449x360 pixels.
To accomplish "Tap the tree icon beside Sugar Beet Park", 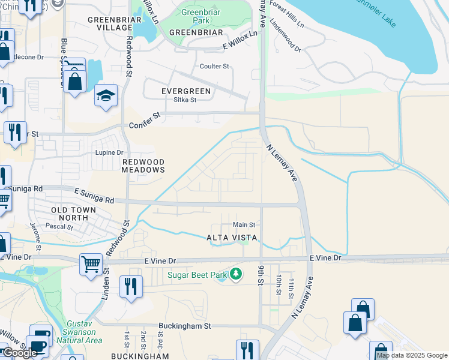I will (237, 275).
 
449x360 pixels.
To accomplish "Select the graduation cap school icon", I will (106, 96).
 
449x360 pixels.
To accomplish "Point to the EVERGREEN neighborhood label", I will (186, 91).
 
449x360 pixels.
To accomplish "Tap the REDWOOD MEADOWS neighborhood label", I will (143, 166).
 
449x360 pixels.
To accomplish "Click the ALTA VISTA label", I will (232, 238).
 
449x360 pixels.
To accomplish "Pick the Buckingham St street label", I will (185, 326).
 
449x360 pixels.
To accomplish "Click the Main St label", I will (244, 224).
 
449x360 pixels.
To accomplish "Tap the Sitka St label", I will (185, 100).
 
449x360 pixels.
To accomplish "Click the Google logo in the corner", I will (20, 353).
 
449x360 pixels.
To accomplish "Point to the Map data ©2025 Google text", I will (412, 355).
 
